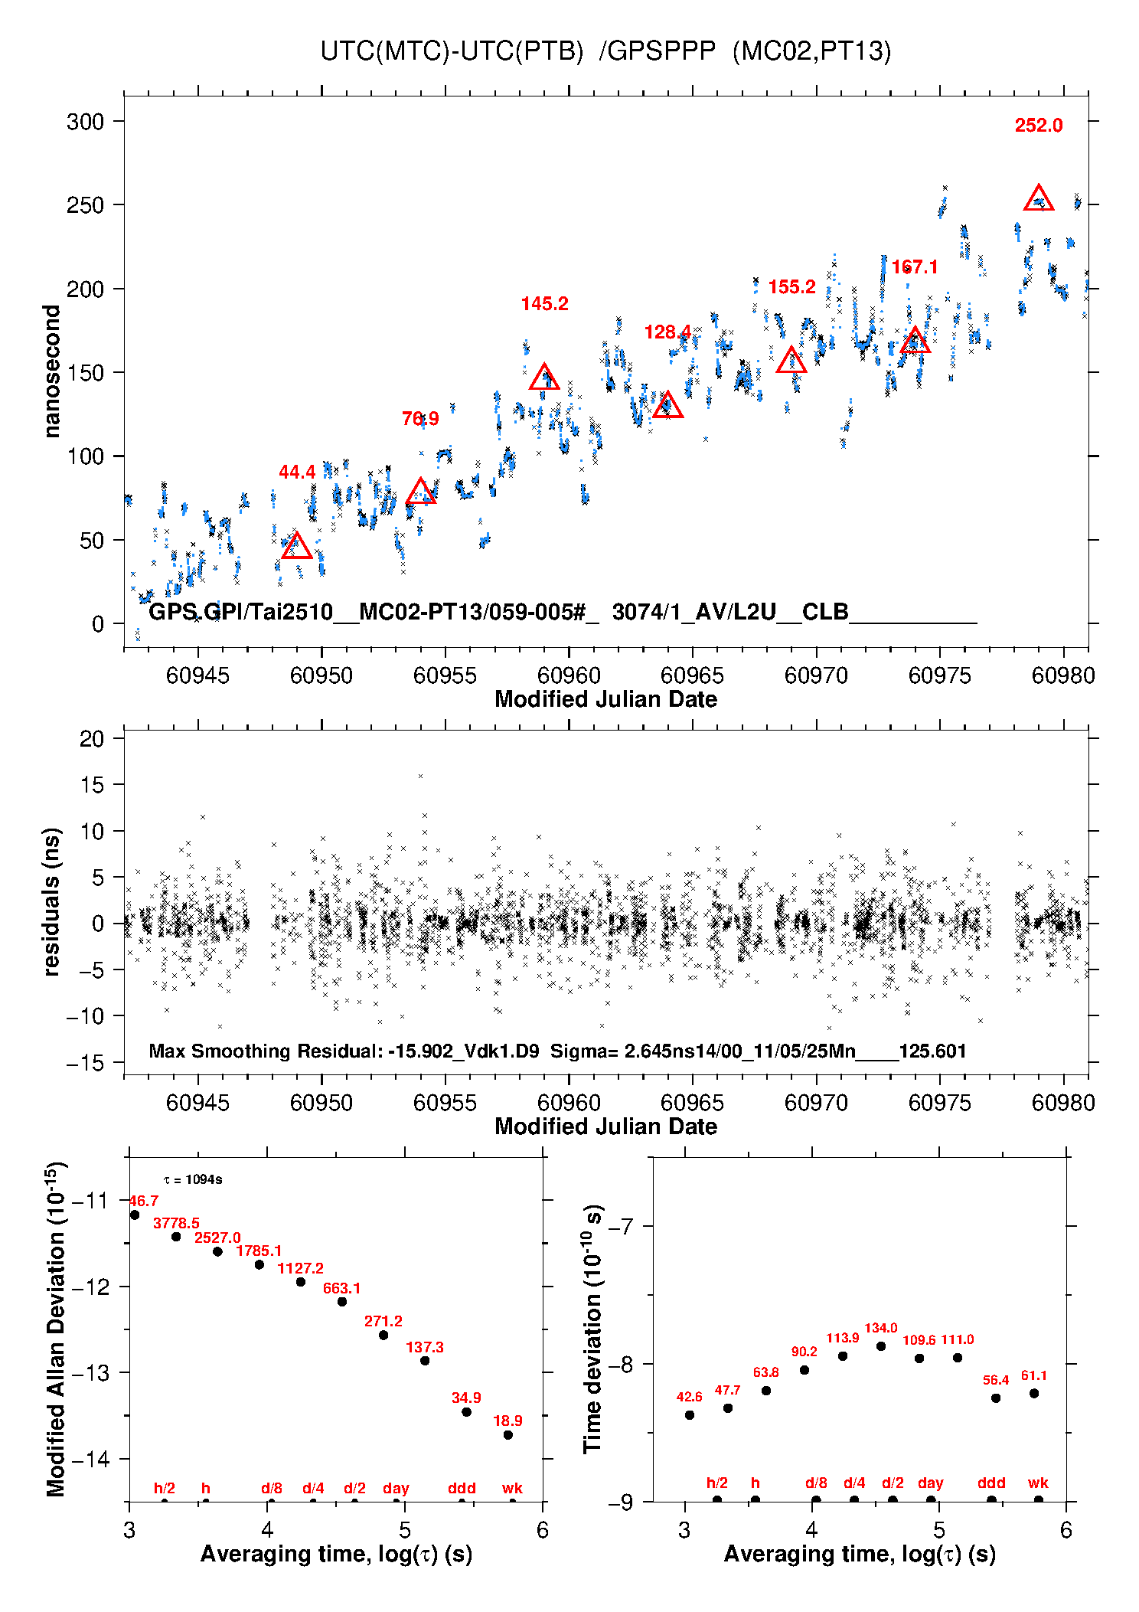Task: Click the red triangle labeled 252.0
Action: (1038, 199)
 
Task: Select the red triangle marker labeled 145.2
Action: (544, 378)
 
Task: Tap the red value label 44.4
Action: (297, 472)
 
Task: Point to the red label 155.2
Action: (791, 287)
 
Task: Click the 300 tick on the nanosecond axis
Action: (85, 122)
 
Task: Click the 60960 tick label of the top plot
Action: (569, 675)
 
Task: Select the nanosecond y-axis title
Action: (52, 371)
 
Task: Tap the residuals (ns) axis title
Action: (52, 901)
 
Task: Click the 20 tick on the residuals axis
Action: (92, 739)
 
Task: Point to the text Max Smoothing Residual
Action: (265, 1051)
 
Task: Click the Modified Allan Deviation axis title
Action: (55, 1329)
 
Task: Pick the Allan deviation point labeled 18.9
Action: (508, 1435)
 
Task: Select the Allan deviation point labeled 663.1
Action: (342, 1302)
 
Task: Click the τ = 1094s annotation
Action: (193, 1180)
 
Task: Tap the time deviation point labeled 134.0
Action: (881, 1346)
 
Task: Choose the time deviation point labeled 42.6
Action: (690, 1415)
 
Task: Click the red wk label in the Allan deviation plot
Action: (512, 1489)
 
